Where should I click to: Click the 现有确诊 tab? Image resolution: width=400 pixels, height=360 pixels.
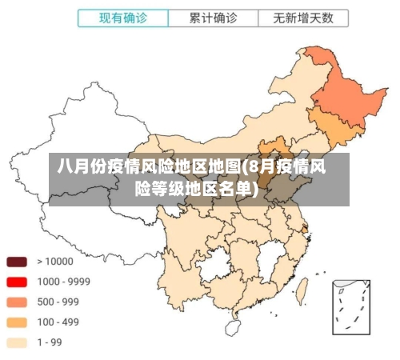pos(122,18)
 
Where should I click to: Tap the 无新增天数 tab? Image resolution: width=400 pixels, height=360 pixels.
pos(302,18)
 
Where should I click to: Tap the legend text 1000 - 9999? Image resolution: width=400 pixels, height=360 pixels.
pos(63,282)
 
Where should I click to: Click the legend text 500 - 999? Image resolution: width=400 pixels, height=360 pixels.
pos(58,302)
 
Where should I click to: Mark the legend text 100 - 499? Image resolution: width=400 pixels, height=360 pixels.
pos(58,322)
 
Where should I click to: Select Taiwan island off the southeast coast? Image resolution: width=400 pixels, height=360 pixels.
pos(303,290)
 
